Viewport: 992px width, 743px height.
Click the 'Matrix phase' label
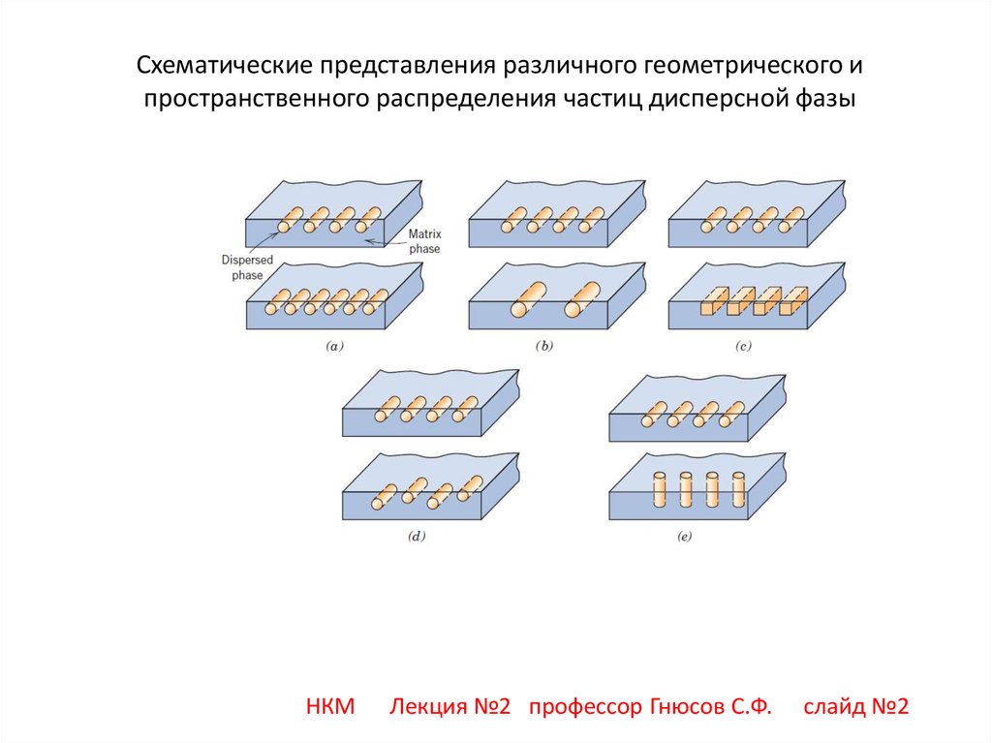pos(423,241)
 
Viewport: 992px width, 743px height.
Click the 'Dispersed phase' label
pos(246,267)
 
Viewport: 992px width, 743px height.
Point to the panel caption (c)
pos(743,346)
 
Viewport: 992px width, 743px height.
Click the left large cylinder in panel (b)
pos(526,298)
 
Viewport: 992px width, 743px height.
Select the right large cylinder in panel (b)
pos(581,298)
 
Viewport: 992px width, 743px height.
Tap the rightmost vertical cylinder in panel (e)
pos(737,490)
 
